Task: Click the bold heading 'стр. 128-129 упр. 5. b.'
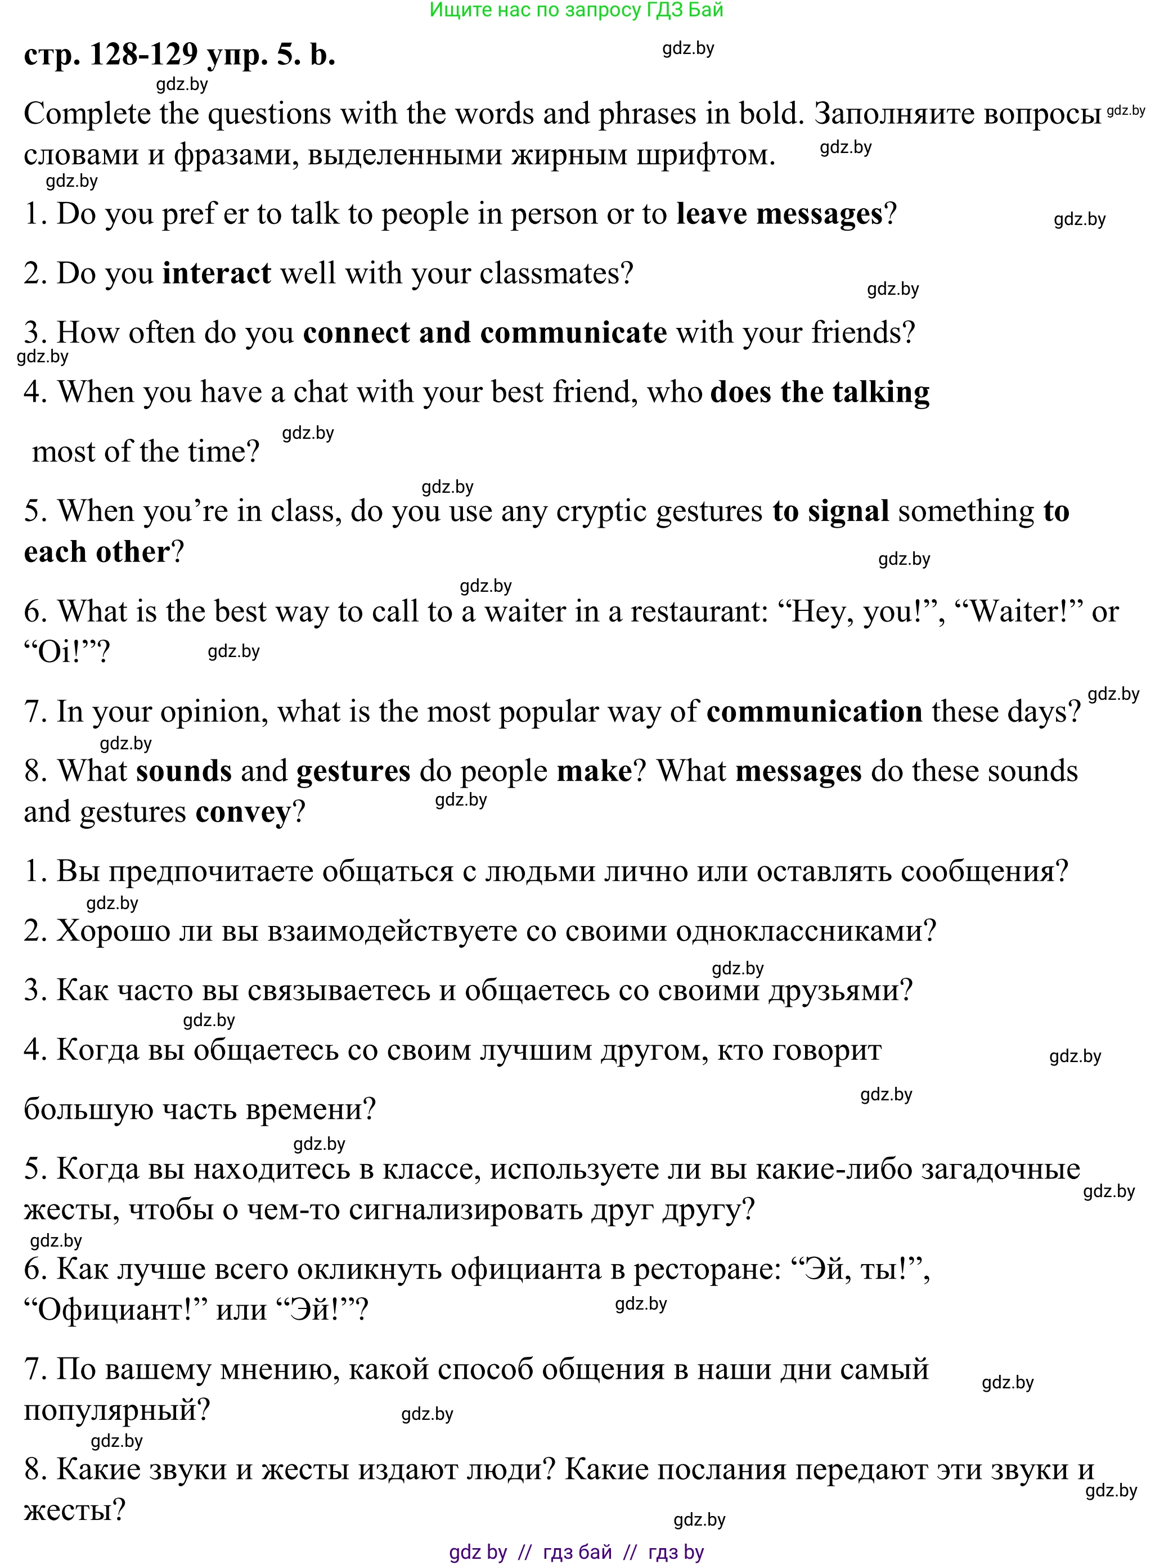(179, 55)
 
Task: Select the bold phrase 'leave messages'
(780, 214)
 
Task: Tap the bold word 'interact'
(217, 273)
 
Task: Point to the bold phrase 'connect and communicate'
(484, 332)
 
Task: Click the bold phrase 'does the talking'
(819, 392)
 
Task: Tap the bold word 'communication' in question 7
(815, 712)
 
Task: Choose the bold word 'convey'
(242, 812)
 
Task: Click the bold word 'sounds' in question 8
(184, 771)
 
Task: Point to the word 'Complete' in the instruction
(87, 114)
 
